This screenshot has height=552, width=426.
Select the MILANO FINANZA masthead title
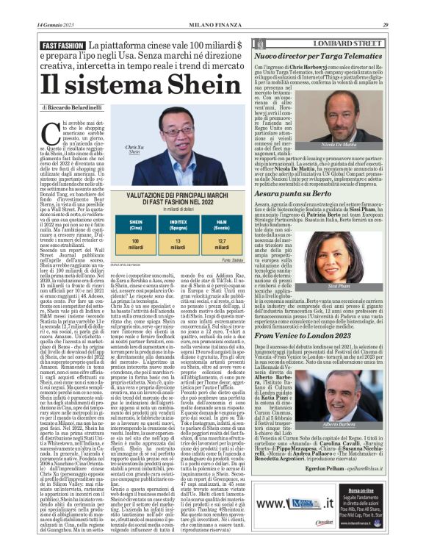click(212, 25)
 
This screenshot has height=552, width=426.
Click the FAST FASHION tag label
click(63, 46)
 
